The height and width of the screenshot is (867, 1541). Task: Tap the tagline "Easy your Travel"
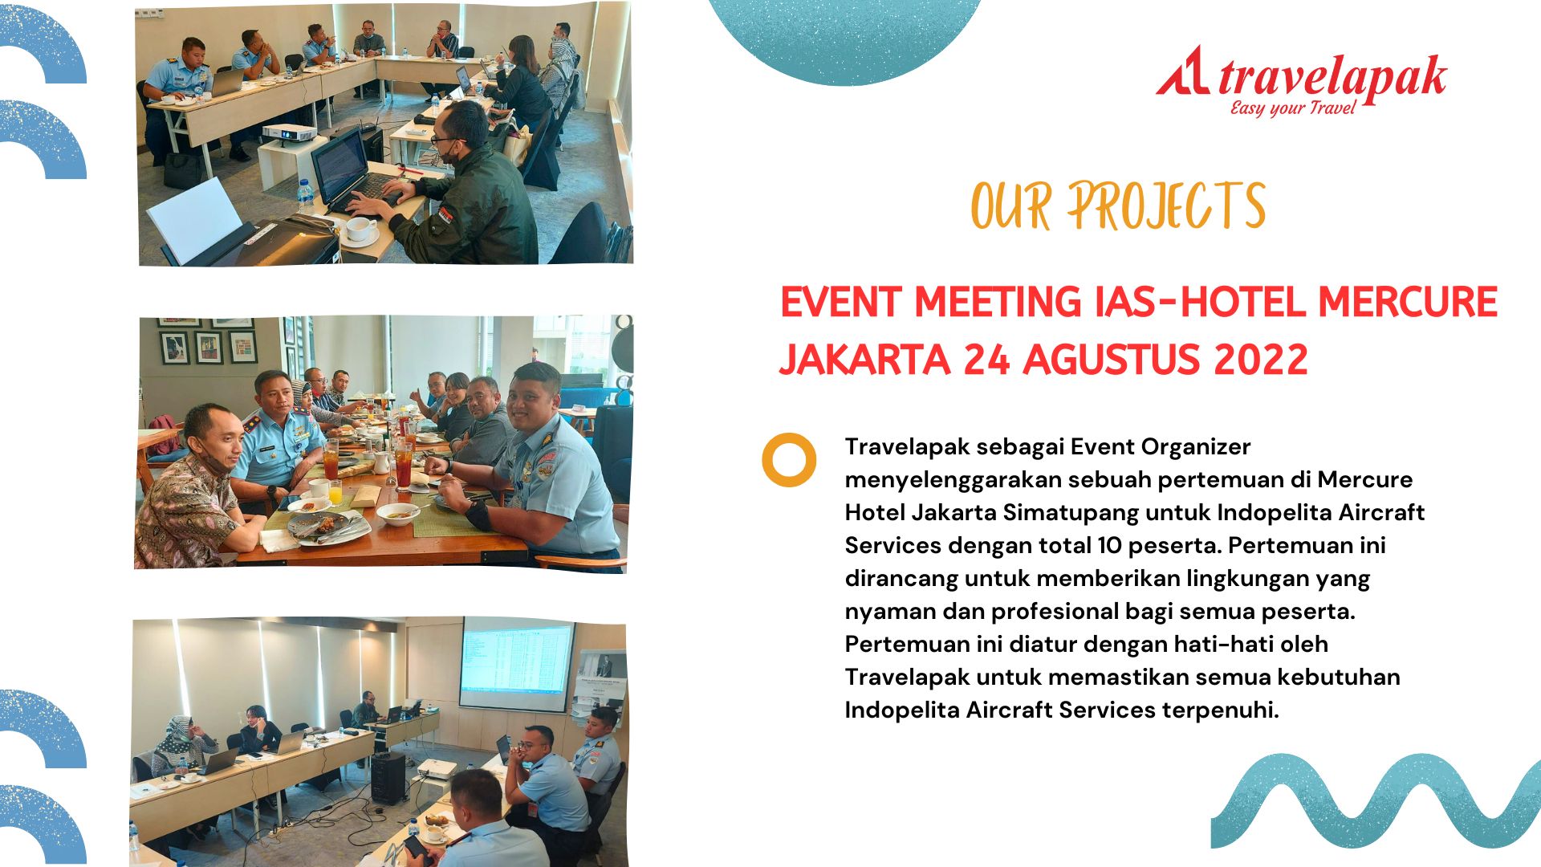1293,108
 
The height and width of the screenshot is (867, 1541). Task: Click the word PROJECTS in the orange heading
1166,206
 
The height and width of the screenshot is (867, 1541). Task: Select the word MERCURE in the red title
1408,302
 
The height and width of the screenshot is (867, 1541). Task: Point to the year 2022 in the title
1261,359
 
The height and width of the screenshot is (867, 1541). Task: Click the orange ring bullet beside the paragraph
789,460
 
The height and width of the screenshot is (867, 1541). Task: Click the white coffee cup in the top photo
360,230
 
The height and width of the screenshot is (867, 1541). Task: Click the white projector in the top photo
287,132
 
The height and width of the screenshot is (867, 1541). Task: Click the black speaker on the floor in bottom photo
388,777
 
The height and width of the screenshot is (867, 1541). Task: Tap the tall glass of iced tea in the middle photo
403,466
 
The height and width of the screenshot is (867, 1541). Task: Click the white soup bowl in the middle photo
397,513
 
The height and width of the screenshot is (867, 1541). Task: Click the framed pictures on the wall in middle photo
209,344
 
